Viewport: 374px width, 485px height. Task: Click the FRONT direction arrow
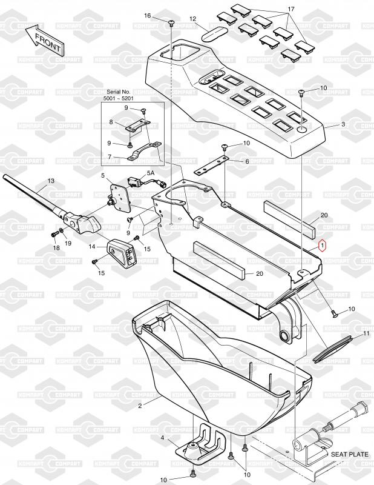(44, 39)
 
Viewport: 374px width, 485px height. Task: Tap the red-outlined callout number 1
(322, 246)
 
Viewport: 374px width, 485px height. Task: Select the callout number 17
(291, 9)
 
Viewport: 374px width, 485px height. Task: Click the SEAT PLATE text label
(350, 454)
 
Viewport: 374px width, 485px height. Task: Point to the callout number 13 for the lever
(51, 180)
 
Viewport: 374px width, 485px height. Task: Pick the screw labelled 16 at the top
(171, 23)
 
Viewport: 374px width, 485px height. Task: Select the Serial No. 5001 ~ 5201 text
(118, 95)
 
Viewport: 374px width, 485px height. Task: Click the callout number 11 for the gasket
(366, 333)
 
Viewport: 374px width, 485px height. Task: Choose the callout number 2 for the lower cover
(140, 406)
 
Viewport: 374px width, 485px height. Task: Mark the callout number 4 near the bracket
(162, 438)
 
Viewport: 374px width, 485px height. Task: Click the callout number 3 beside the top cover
(343, 124)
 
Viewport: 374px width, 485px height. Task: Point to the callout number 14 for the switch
(92, 247)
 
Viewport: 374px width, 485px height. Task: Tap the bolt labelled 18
(54, 235)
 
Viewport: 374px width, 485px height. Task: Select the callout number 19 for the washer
(68, 243)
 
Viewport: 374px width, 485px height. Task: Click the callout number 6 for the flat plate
(247, 161)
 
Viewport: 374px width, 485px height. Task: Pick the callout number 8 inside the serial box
(111, 122)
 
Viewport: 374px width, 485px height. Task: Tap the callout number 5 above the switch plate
(103, 176)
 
